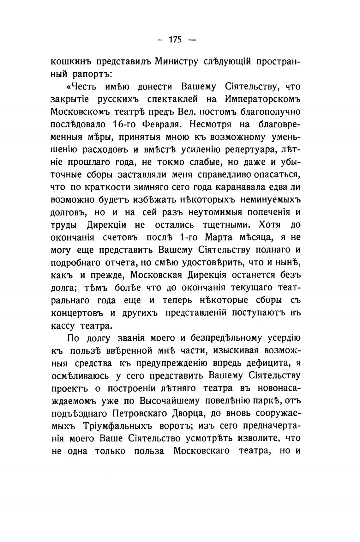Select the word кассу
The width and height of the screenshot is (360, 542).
point(62,325)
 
